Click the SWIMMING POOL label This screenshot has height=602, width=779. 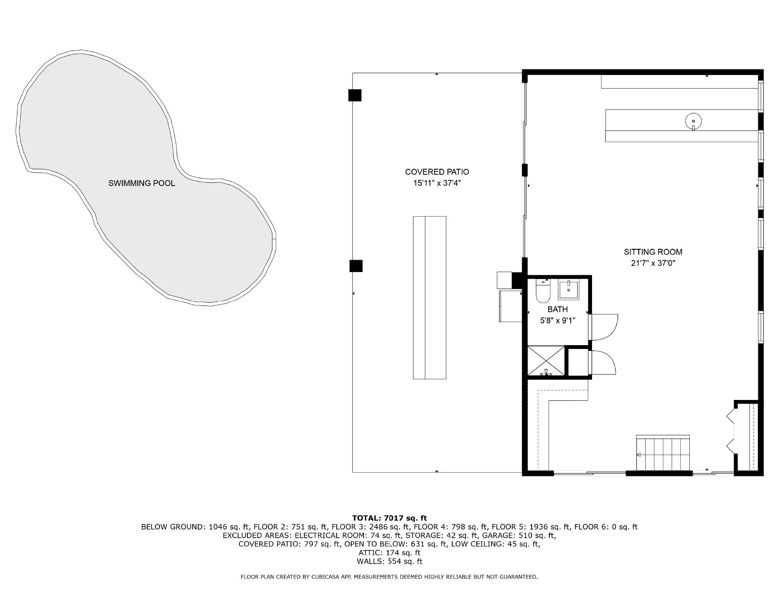pyautogui.click(x=142, y=183)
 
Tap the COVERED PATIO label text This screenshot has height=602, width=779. pyautogui.click(x=437, y=172)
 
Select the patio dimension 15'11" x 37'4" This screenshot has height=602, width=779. pyautogui.click(x=437, y=183)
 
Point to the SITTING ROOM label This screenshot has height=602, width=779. pyautogui.click(x=653, y=252)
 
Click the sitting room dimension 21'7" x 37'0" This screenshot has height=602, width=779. pyautogui.click(x=653, y=263)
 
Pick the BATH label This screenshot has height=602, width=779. pyautogui.click(x=558, y=309)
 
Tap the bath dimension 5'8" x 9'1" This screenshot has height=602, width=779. pyautogui.click(x=558, y=321)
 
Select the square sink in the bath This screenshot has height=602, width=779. pyautogui.click(x=568, y=290)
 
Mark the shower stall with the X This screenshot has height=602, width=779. pyautogui.click(x=546, y=361)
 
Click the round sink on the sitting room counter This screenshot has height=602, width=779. pyautogui.click(x=694, y=121)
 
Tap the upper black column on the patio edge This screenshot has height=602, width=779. pyautogui.click(x=355, y=95)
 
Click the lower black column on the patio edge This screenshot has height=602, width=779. pyautogui.click(x=356, y=266)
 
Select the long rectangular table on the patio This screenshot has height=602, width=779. pyautogui.click(x=430, y=297)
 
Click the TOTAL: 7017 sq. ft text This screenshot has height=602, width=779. pyautogui.click(x=389, y=518)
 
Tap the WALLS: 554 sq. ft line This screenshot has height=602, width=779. pyautogui.click(x=389, y=561)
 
